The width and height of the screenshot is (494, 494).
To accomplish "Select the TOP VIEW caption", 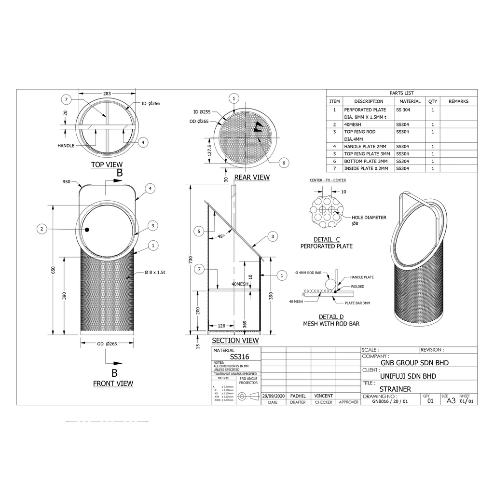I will tap(107, 165).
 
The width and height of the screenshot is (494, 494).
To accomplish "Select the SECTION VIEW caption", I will tap(235, 341).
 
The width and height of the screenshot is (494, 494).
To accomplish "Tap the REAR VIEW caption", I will tap(252, 178).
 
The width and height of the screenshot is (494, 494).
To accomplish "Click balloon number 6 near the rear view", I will tap(284, 163).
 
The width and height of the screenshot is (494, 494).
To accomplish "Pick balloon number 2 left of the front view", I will tap(42, 229).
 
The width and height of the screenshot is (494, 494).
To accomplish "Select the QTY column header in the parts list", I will tap(433, 101).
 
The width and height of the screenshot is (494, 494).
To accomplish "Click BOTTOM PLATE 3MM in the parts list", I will tap(366, 161).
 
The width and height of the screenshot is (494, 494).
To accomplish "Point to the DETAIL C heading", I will tap(327, 239).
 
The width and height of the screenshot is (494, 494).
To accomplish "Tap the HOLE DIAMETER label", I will tap(369, 218).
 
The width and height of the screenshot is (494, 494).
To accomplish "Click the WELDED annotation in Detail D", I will tap(357, 287).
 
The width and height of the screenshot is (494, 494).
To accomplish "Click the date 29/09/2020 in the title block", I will tap(273, 396).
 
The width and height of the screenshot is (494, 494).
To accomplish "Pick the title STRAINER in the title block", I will tap(395, 389).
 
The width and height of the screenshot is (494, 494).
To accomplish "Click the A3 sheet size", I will tap(451, 400).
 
